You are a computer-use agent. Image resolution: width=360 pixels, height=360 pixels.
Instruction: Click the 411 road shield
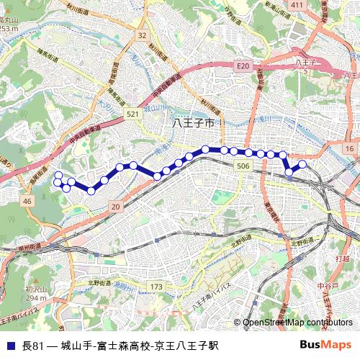(294, 6)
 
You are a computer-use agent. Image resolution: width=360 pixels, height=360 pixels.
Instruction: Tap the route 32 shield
(142, 35)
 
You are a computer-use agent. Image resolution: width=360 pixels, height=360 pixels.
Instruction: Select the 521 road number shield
(132, 114)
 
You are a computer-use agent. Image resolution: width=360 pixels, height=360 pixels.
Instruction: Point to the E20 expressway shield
(242, 66)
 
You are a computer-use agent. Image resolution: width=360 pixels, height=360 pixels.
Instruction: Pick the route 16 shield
(348, 148)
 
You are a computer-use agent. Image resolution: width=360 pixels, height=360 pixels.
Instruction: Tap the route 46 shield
(27, 202)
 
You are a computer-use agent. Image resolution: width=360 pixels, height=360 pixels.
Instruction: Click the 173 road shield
(156, 287)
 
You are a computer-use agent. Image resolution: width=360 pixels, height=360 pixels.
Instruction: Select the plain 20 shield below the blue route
(115, 207)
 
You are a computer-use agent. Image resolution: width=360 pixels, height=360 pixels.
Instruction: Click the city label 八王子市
(194, 124)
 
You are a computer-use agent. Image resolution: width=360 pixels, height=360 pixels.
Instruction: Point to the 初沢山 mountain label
(35, 289)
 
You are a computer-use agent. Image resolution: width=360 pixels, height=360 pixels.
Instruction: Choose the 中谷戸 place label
(327, 286)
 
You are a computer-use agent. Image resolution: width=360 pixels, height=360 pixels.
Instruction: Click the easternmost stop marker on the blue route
(302, 164)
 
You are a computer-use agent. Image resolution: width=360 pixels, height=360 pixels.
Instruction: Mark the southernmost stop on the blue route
(91, 191)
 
